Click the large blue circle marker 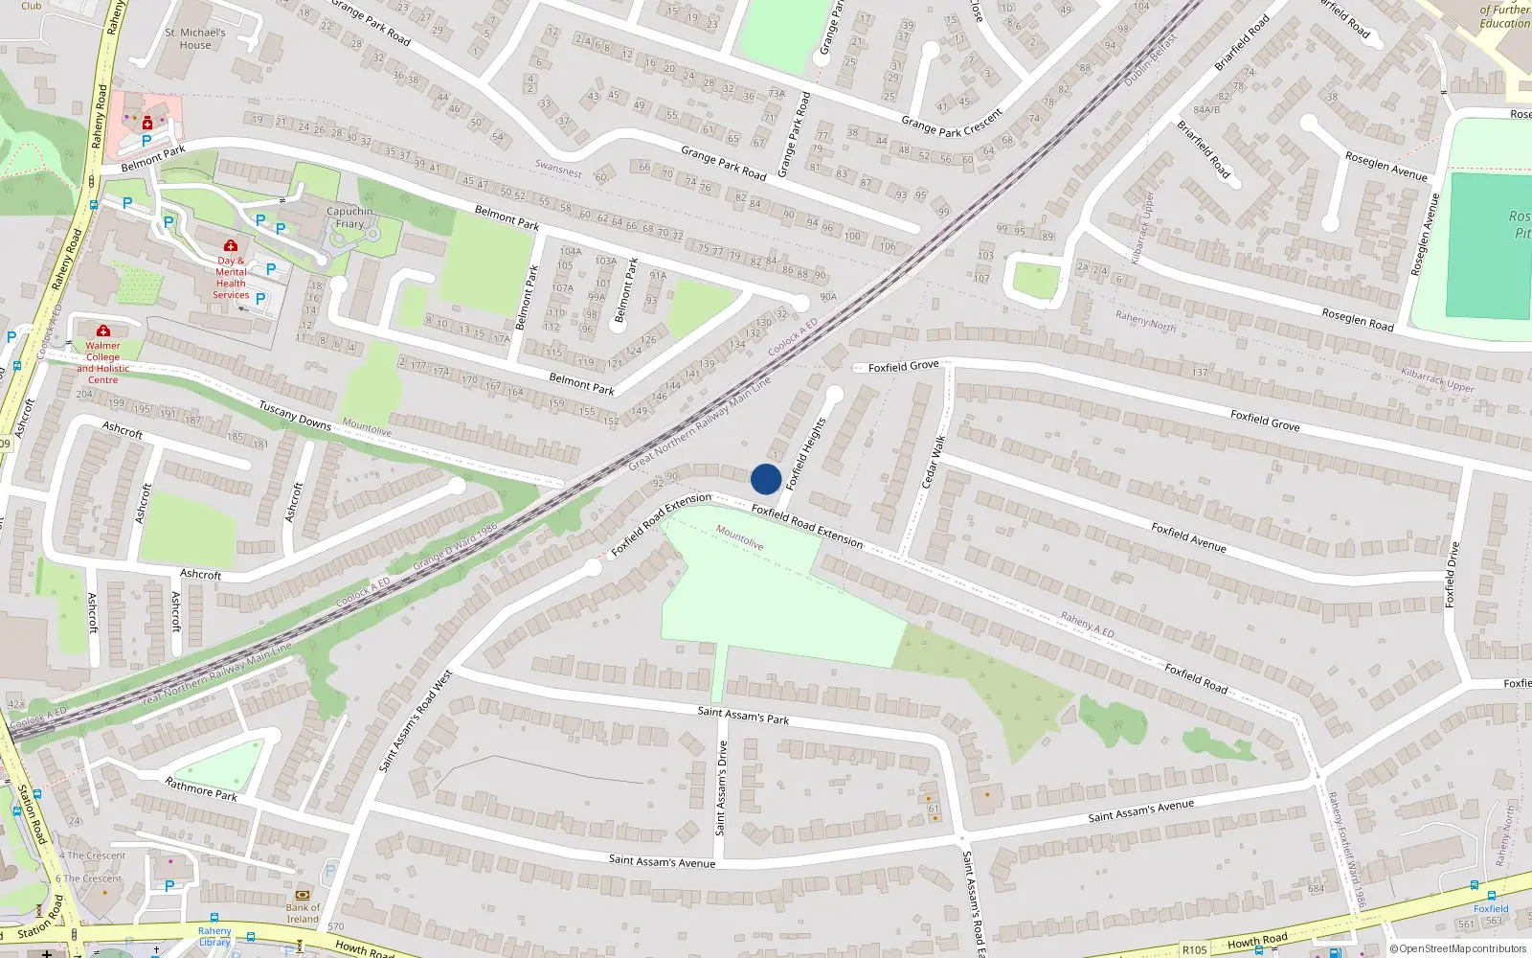(x=766, y=479)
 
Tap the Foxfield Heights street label (x=805, y=454)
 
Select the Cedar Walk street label (x=934, y=462)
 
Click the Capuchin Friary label (x=349, y=217)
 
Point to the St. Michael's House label (x=195, y=38)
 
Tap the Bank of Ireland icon (x=304, y=894)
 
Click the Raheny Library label (x=214, y=936)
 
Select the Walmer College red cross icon (x=103, y=331)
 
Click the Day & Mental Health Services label (x=231, y=277)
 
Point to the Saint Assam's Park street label (x=743, y=716)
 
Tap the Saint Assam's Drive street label (x=722, y=787)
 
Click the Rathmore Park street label (x=201, y=789)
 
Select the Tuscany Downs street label (x=295, y=416)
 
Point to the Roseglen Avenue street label (x=1386, y=166)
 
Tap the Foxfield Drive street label (x=1453, y=575)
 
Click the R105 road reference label (x=1194, y=950)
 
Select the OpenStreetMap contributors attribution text (x=1458, y=949)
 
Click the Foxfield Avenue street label (x=1188, y=537)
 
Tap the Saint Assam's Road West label (x=416, y=721)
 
